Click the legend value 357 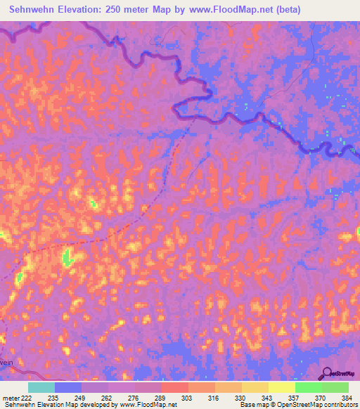tap(295, 398)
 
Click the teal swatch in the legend tap(41, 387)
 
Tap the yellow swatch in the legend tap(281, 387)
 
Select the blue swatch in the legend tap(68, 387)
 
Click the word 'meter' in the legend tap(10, 398)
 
